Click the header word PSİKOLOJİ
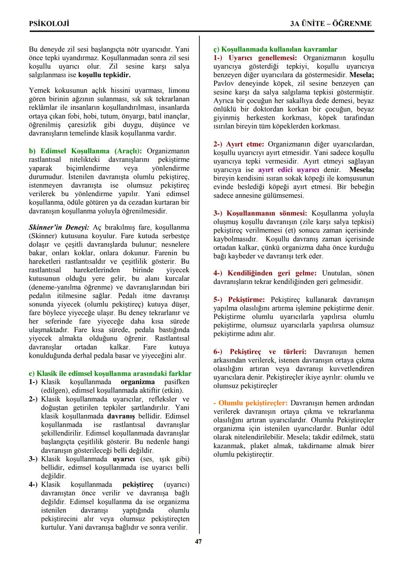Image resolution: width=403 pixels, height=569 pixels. (x=49, y=23)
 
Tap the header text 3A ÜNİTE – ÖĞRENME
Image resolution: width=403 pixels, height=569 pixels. (x=331, y=23)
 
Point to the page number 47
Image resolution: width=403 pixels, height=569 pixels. (x=198, y=541)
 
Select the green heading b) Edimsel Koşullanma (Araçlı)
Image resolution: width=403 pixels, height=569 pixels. (x=85, y=151)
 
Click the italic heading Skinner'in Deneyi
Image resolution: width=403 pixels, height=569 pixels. (x=59, y=227)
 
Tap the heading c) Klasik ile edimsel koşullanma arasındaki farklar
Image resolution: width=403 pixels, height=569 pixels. (x=110, y=373)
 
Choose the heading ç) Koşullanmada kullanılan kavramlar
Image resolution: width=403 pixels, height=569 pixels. (x=275, y=49)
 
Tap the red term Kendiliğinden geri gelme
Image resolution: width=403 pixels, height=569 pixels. (x=272, y=273)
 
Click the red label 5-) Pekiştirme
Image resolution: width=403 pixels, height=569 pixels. (x=239, y=300)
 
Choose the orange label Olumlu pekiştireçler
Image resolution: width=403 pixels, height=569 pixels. (x=253, y=403)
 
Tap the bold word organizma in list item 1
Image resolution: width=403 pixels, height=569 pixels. (x=138, y=382)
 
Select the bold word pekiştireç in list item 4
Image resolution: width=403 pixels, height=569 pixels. (x=138, y=485)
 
